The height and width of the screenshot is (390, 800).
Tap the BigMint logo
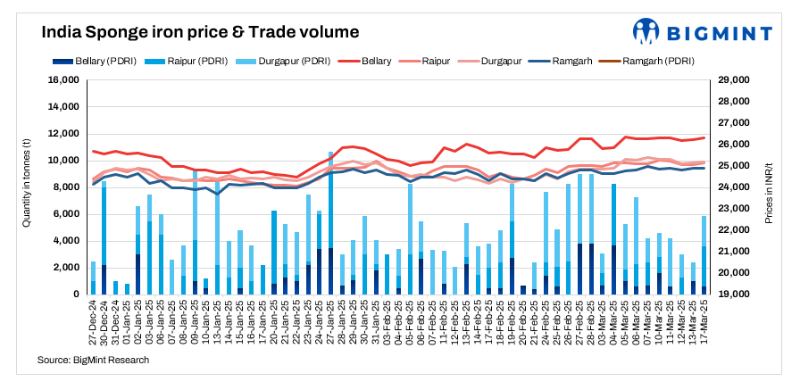(702, 32)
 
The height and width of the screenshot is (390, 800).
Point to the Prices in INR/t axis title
(769, 187)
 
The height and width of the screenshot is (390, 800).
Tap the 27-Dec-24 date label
(95, 323)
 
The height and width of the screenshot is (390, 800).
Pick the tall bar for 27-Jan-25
(331, 223)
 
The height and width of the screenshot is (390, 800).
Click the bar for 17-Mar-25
(704, 255)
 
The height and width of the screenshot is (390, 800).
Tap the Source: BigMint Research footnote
(93, 360)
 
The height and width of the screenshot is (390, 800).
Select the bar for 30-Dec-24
(104, 238)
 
